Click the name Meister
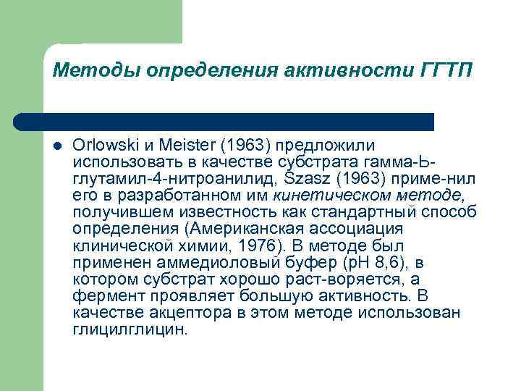pyautogui.click(x=179, y=145)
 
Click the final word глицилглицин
pyautogui.click(x=130, y=329)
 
